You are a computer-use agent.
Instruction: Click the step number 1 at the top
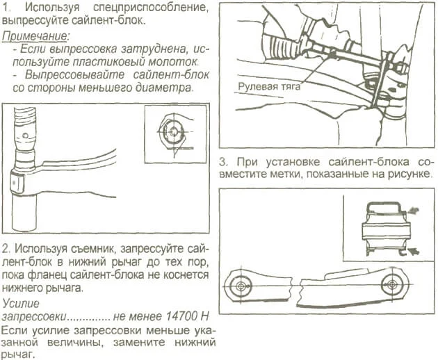tap(6, 7)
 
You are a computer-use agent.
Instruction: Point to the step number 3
tap(222, 158)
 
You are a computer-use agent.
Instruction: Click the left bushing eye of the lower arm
tap(241, 285)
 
